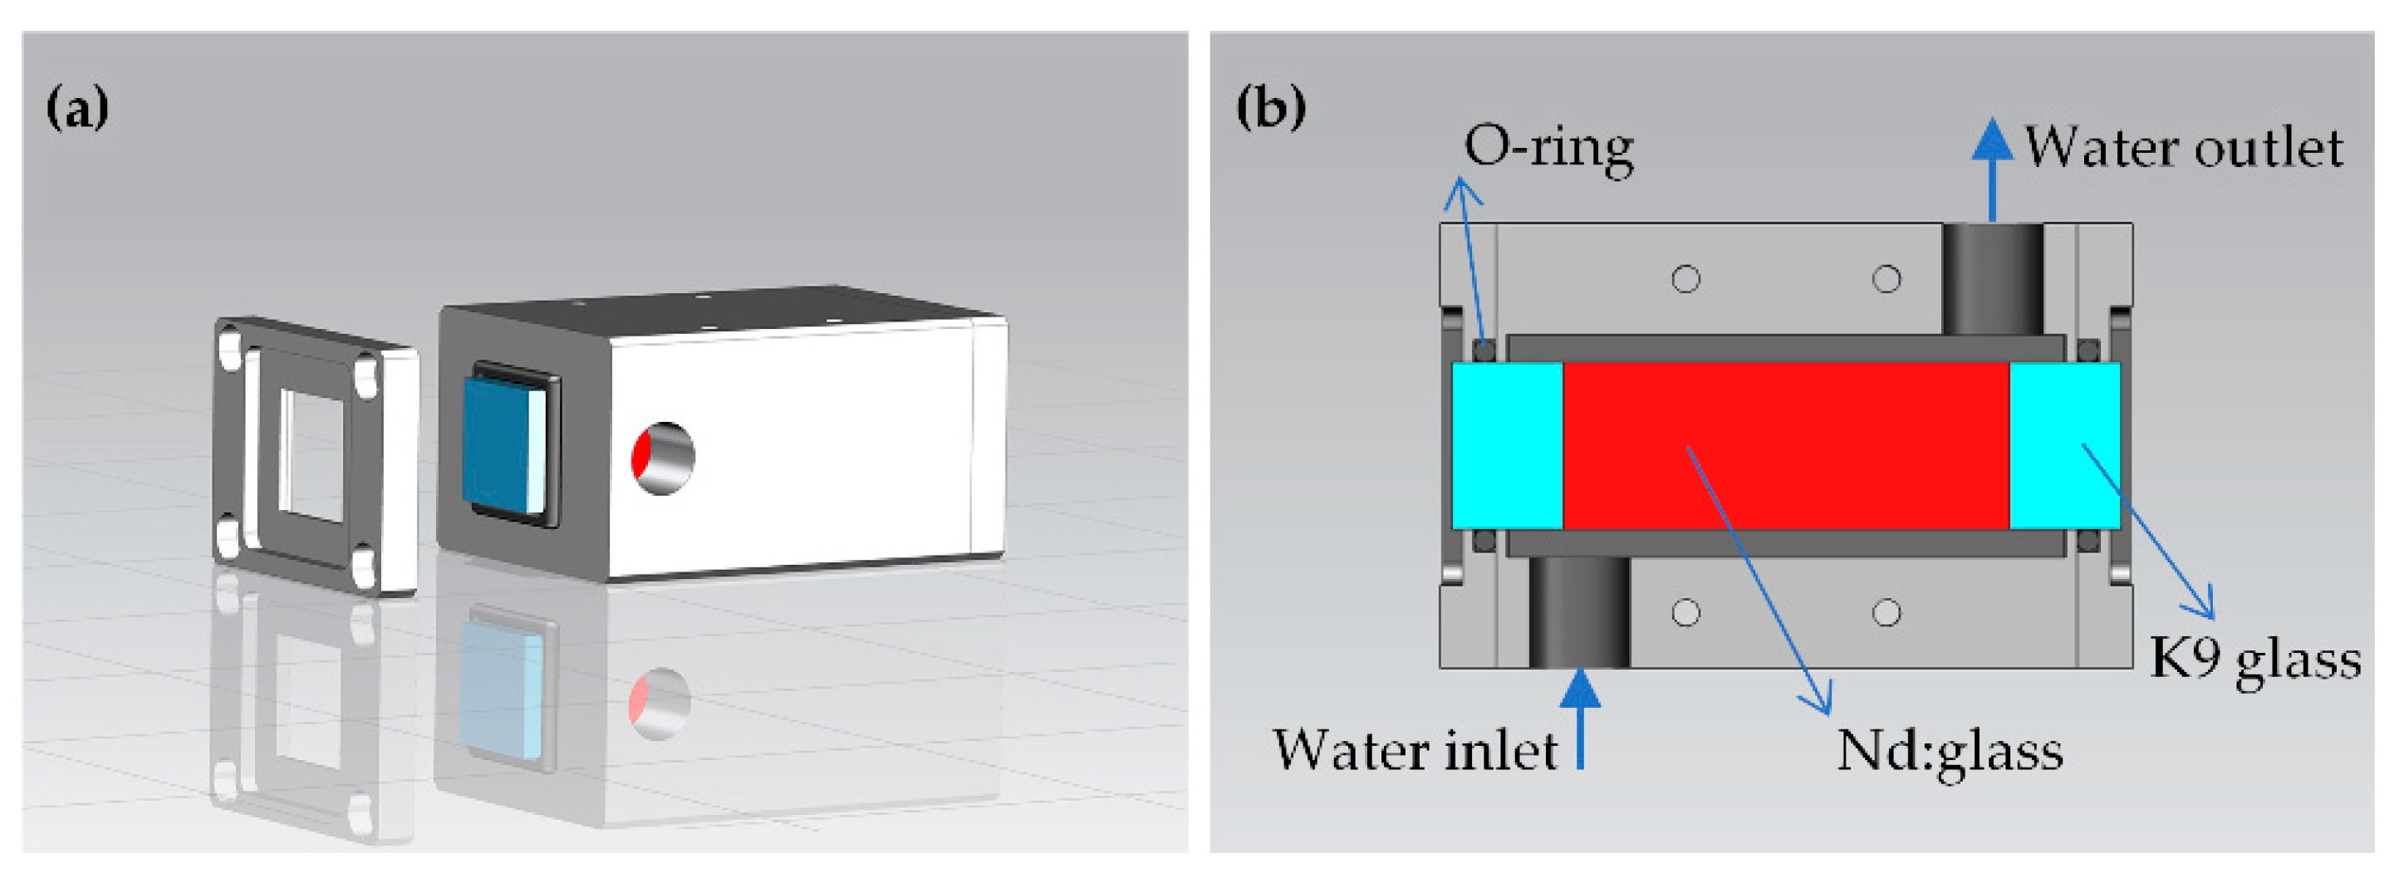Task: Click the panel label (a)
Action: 77,108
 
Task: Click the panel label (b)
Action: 1270,108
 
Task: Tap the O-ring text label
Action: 1548,148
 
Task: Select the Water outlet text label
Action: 2183,148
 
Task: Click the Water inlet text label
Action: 1415,750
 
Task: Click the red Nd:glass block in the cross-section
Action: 1785,446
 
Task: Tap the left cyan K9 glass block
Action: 1507,446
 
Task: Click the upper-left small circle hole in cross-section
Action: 1685,278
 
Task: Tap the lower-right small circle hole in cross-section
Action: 1886,613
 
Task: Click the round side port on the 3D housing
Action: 663,458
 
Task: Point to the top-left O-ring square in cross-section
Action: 1484,350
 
